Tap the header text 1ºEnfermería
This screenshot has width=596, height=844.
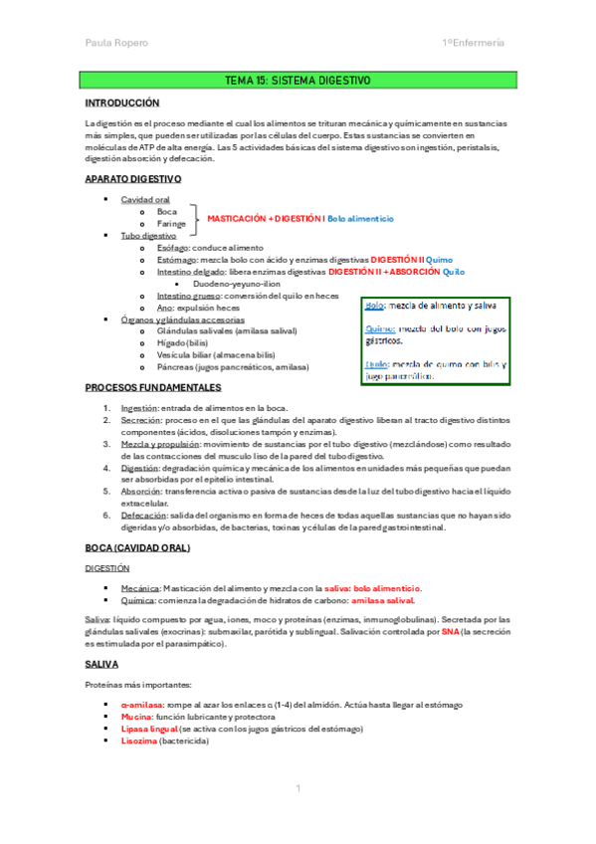point(473,43)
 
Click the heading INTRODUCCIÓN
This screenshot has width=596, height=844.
point(122,103)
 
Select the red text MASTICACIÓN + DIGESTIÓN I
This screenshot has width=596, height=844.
point(266,217)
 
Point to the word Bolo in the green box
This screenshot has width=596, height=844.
point(375,307)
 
